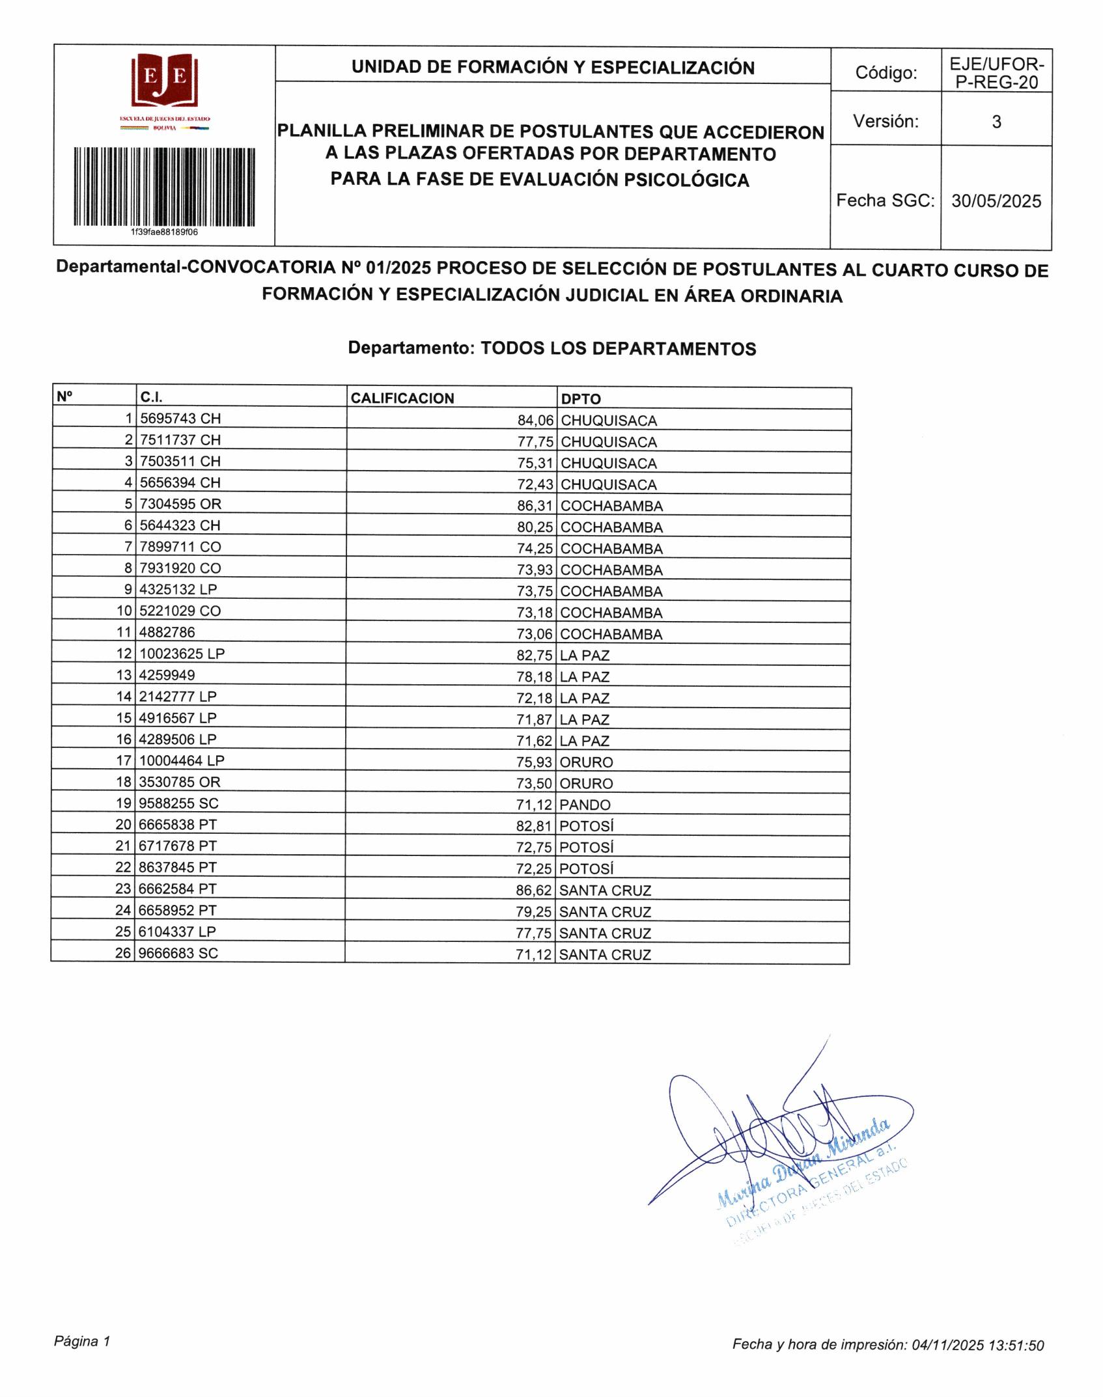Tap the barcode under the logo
point(164,186)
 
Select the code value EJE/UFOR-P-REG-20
point(996,73)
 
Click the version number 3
point(996,122)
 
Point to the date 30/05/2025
point(996,201)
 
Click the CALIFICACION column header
point(402,398)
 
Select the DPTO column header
point(581,399)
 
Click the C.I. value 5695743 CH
point(180,419)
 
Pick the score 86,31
point(535,506)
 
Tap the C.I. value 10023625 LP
point(182,654)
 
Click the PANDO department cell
point(585,805)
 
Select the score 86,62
point(534,890)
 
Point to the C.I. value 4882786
point(167,632)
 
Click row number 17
point(124,760)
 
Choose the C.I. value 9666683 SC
point(178,953)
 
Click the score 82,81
point(534,826)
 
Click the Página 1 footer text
point(82,1341)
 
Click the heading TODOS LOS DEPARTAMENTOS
point(618,349)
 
